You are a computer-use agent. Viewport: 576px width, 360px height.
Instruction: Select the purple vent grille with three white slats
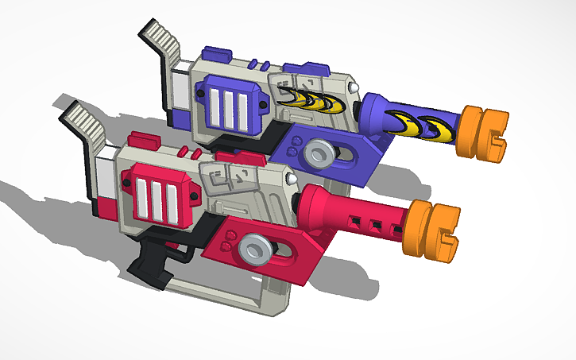click(236, 105)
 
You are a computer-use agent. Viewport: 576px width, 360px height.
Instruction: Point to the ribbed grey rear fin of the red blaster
click(83, 122)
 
